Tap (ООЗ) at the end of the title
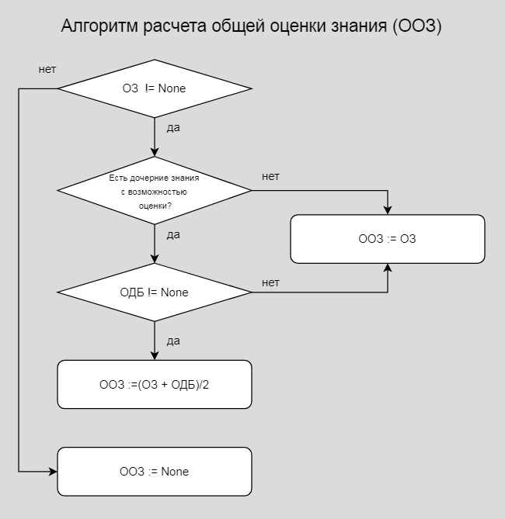pos(417,26)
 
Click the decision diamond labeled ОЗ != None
pos(155,88)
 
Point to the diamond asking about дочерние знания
pos(155,190)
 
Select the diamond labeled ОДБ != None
pos(155,292)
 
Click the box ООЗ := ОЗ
pos(387,239)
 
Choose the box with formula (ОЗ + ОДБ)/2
pos(155,384)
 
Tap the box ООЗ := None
pos(155,472)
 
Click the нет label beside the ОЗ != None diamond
pos(47,70)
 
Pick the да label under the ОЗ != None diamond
pos(173,127)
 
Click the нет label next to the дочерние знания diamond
pos(270,177)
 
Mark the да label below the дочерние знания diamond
pos(173,234)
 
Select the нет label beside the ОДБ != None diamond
pos(270,282)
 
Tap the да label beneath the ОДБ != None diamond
pos(173,340)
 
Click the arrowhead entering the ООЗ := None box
pos(53,472)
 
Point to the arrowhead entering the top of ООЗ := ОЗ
pos(387,210)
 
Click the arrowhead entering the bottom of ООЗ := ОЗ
pos(387,268)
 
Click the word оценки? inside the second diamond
pos(155,206)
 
